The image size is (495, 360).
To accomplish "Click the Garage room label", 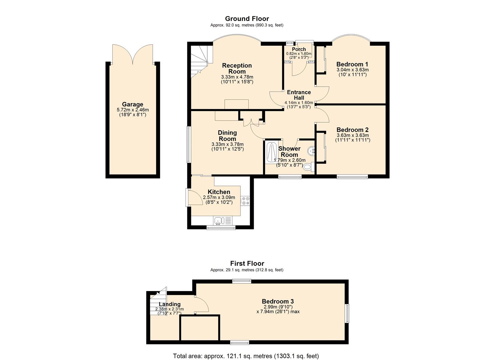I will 132,104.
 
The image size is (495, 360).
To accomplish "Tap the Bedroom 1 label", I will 352,64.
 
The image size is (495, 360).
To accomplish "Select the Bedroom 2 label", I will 352,130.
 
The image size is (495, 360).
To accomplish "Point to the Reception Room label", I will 237,68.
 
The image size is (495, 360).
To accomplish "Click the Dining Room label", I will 227,136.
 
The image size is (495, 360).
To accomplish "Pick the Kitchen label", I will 219,192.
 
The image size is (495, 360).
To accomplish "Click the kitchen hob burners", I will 246,201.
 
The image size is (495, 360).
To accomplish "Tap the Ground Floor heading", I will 247,19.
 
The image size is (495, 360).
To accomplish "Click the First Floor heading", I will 247,264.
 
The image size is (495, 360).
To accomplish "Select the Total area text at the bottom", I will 246,356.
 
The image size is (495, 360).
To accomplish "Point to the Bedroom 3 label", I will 278,301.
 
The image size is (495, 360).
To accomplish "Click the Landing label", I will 170,304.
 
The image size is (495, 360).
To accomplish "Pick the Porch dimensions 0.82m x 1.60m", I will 299,54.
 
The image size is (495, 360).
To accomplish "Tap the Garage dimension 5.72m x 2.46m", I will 133,110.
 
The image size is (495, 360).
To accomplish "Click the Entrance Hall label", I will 299,95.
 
